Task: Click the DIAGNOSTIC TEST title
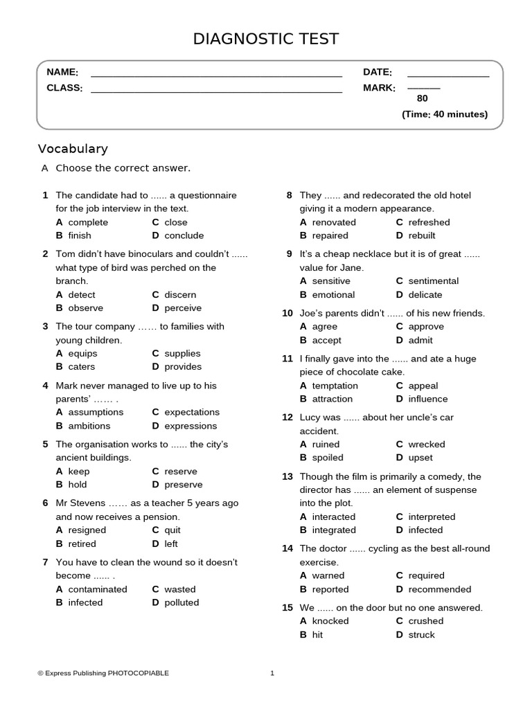click(266, 39)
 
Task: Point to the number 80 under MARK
click(423, 99)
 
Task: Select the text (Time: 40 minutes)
click(445, 114)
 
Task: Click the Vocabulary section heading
click(73, 149)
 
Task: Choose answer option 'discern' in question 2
click(180, 295)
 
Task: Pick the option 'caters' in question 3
click(82, 367)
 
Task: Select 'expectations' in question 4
click(192, 413)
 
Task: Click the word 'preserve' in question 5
click(184, 485)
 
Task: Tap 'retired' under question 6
click(82, 544)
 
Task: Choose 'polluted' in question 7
click(181, 603)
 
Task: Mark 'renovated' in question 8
click(334, 222)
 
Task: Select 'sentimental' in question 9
click(434, 281)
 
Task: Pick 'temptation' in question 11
click(335, 386)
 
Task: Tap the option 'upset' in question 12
click(420, 458)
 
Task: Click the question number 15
click(287, 608)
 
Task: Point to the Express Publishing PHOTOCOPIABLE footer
click(103, 673)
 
